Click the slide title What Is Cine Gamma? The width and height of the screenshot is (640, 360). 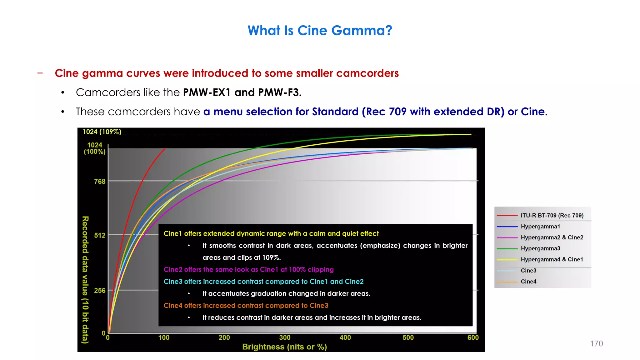coord(320,31)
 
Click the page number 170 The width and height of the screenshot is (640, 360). coord(596,343)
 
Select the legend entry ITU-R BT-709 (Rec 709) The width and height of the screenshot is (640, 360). coord(552,215)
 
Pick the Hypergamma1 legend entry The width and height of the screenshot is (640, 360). coord(540,227)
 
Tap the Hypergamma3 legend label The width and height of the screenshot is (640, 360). coord(540,248)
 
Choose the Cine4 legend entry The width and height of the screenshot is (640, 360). coord(528,282)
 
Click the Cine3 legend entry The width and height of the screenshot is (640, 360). coord(528,271)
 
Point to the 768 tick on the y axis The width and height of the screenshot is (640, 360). coord(100,182)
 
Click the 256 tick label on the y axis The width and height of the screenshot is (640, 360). coord(100,291)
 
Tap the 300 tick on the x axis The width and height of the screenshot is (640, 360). coord(285,337)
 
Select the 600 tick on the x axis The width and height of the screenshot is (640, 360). coord(473,337)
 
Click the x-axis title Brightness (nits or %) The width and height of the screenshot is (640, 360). coord(284,347)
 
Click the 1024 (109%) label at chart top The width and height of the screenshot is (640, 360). coord(102,132)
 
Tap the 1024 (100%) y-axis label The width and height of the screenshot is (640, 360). coord(95,148)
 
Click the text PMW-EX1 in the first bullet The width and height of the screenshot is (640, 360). coord(207,92)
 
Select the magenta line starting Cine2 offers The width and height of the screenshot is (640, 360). coord(248,269)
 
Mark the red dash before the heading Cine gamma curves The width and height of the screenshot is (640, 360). coord(40,73)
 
